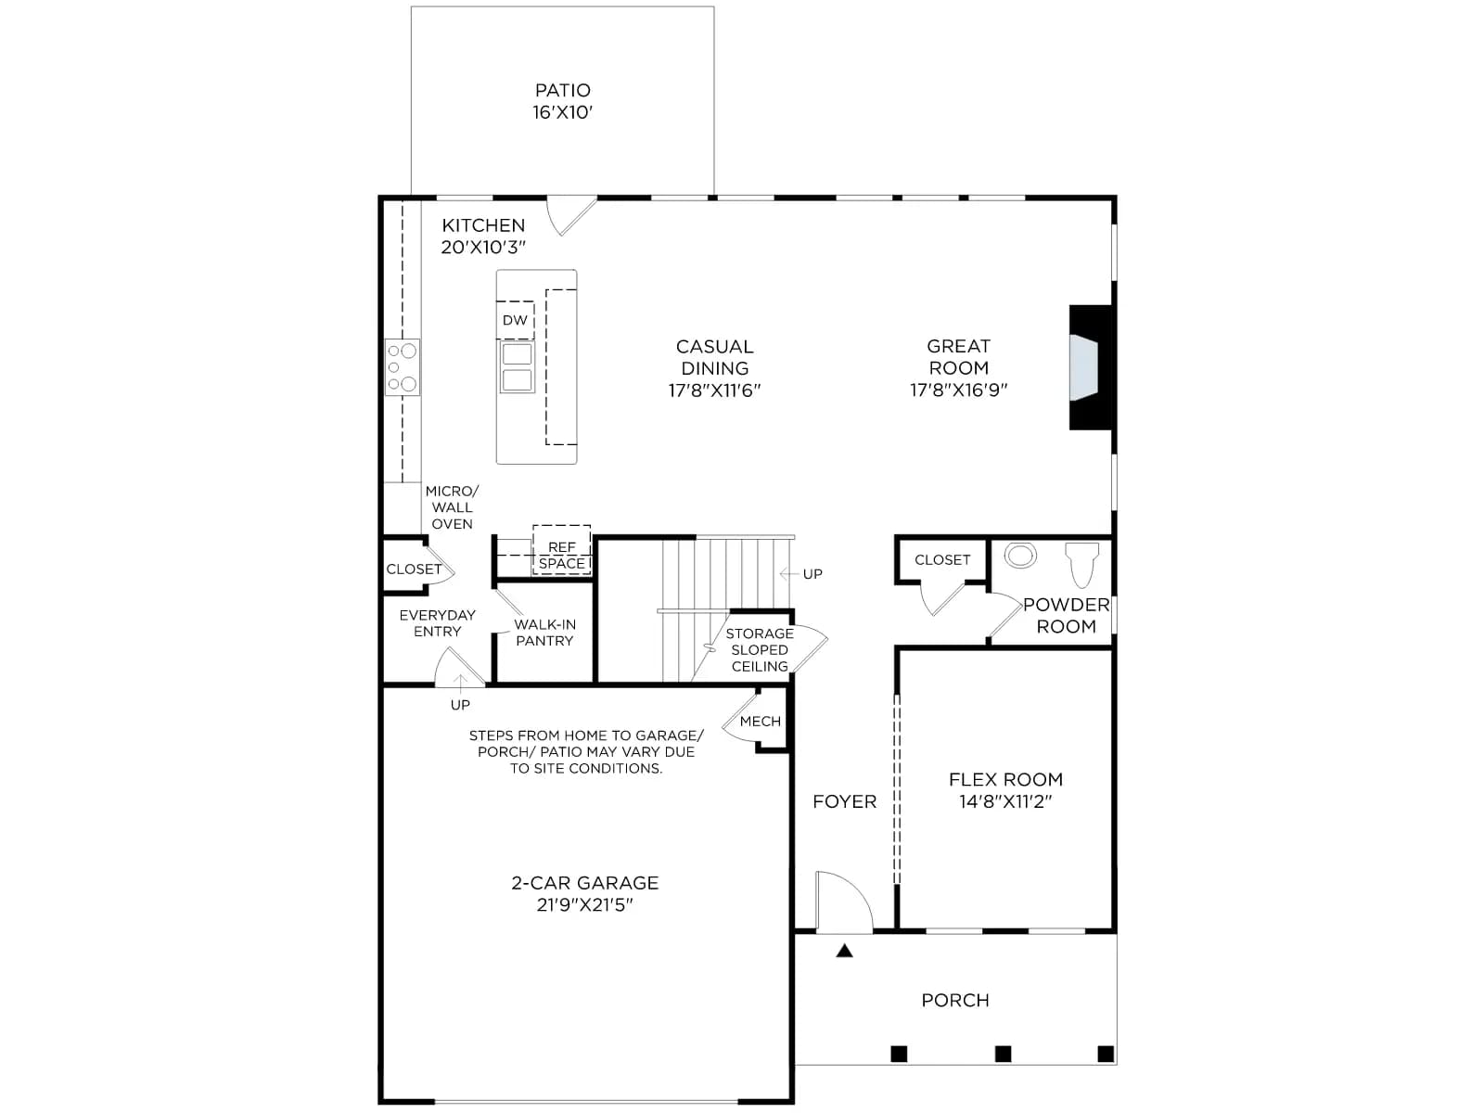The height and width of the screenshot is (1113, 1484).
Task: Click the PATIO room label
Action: [562, 91]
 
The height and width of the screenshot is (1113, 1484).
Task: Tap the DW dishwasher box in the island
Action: [515, 320]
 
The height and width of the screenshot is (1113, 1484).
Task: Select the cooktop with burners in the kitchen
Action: [403, 367]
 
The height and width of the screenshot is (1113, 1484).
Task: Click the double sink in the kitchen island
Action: [518, 367]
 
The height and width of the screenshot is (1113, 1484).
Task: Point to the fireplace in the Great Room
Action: [1091, 367]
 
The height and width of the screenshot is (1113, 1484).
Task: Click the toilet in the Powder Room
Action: [1082, 564]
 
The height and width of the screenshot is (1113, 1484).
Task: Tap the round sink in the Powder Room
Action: [1020, 556]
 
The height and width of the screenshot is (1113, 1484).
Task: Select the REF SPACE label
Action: [562, 556]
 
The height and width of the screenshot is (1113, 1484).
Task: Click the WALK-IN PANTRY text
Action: [545, 633]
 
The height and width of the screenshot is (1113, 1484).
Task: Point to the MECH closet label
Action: [761, 721]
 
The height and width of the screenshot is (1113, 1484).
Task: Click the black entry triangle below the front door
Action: [844, 951]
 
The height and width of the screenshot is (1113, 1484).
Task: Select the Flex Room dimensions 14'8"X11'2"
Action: [1006, 801]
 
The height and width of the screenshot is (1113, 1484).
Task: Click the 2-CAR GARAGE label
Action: [585, 883]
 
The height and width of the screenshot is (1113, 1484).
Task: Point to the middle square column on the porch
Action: [1004, 1054]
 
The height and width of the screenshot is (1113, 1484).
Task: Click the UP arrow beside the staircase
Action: [789, 574]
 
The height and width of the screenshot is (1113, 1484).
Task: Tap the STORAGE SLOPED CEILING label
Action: [760, 650]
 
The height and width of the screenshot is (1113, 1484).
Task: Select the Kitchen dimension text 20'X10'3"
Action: [483, 248]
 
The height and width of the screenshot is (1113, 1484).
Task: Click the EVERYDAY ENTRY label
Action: [438, 623]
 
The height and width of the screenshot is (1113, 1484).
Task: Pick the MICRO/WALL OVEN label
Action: [453, 507]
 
